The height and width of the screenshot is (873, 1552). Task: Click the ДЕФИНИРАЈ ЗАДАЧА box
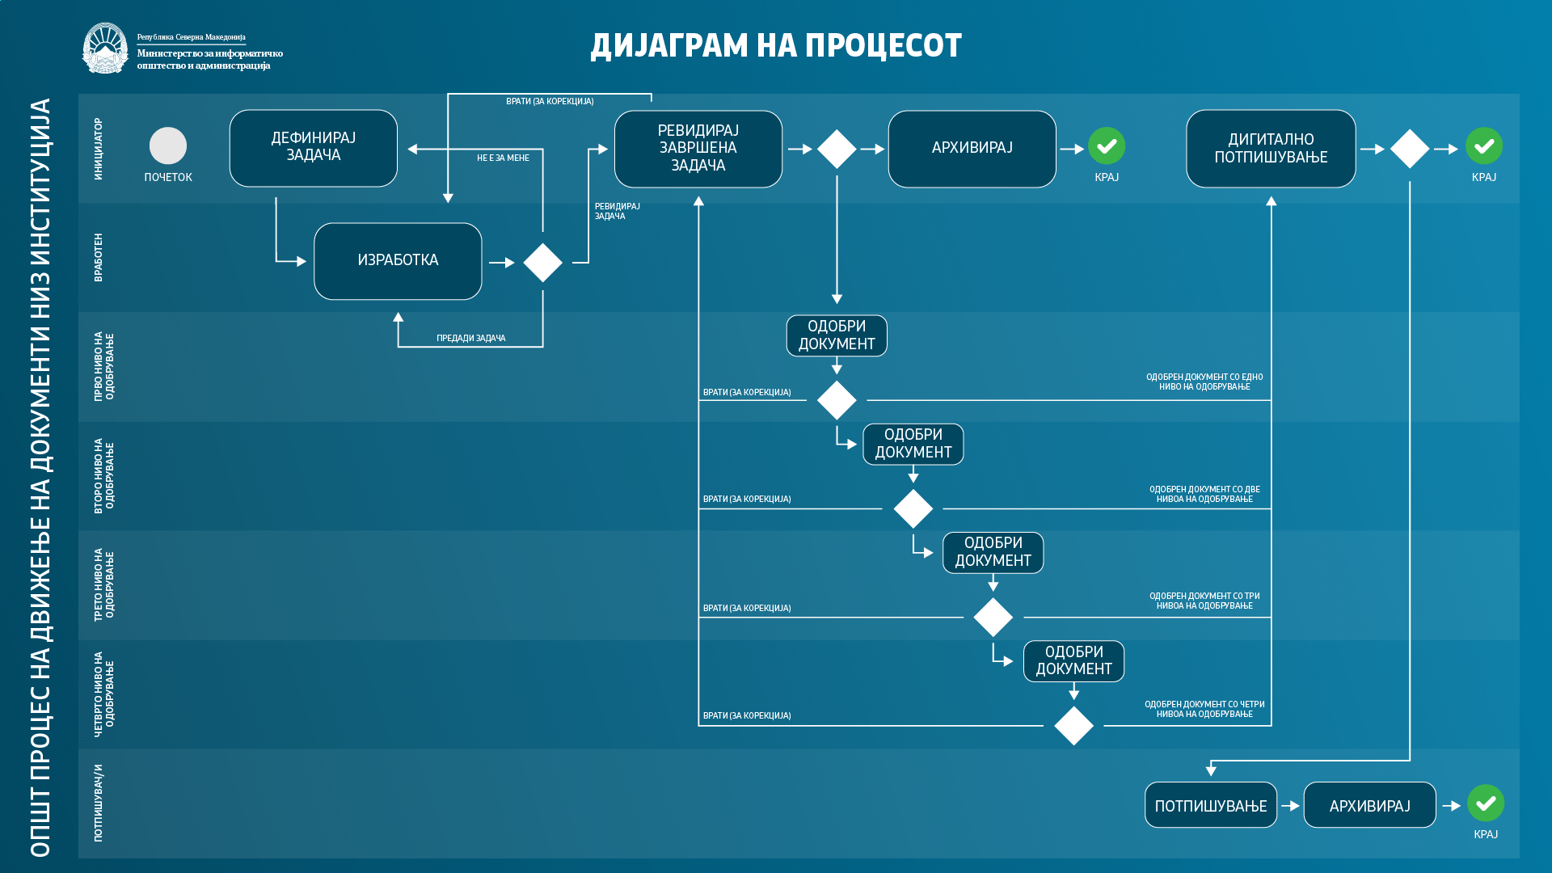point(314,148)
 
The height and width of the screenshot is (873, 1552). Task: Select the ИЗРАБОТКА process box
point(398,261)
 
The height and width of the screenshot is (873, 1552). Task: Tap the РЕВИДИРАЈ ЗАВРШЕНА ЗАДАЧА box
point(698,149)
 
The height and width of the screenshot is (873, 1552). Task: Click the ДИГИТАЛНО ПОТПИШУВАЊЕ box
point(1271,149)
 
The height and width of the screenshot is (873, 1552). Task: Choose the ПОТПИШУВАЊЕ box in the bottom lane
point(1211,805)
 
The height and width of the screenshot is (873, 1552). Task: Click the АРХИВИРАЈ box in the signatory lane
point(1370,805)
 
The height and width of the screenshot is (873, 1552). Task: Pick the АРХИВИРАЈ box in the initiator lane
point(972,149)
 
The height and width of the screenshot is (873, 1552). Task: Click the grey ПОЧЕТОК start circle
point(168,145)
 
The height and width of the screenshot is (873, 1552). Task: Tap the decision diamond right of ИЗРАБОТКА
point(543,263)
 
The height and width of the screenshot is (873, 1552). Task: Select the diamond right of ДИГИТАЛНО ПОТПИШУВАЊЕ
point(1410,149)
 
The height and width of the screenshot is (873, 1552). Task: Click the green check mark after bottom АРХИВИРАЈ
point(1486,803)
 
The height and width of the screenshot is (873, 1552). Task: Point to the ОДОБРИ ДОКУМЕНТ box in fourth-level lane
point(1073,661)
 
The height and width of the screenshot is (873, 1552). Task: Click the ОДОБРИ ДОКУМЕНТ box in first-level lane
point(837,335)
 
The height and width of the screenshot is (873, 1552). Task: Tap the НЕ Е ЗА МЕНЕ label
point(503,158)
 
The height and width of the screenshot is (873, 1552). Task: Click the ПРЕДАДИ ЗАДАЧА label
point(471,339)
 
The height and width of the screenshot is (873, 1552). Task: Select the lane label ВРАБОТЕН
point(99,257)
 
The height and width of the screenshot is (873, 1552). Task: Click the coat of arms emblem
point(105,48)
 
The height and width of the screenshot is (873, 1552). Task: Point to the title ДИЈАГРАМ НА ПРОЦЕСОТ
point(776,46)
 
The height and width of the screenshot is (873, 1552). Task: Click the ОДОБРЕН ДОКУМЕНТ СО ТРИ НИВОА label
point(1204,601)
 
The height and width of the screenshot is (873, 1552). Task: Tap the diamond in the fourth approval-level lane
point(1073,726)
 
